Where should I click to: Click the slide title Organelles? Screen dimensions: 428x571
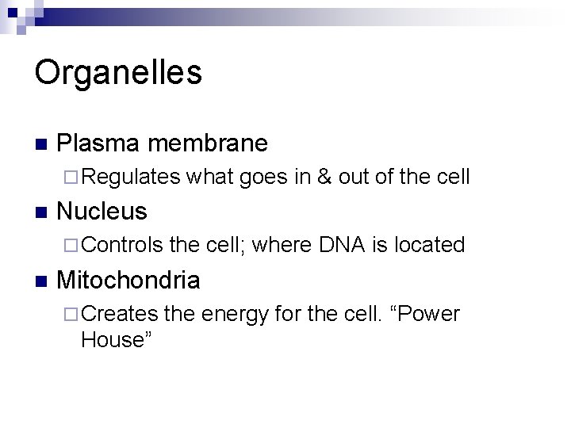point(118,72)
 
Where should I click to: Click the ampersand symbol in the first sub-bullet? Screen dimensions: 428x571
point(324,177)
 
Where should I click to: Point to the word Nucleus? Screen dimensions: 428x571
point(102,211)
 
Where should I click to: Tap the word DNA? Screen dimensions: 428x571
point(341,245)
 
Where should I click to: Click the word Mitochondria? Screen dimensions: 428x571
point(128,280)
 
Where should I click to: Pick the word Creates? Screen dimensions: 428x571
point(119,314)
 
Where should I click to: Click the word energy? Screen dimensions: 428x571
point(234,315)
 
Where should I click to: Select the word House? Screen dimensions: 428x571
point(112,341)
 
